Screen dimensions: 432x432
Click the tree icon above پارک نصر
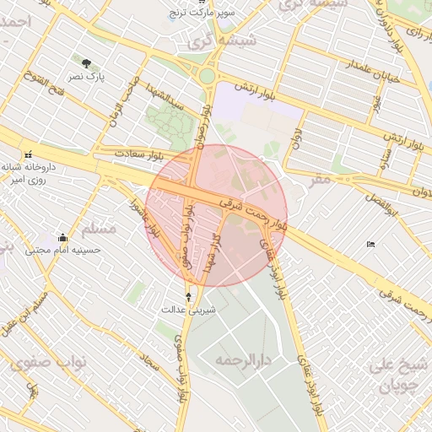pyautogui.click(x=87, y=62)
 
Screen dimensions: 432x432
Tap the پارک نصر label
pyautogui.click(x=87, y=76)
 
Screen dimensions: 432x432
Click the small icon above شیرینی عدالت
pyautogui.click(x=188, y=296)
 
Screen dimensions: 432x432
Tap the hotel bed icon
pyautogui.click(x=371, y=245)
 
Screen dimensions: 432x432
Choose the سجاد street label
pyautogui.click(x=151, y=365)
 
